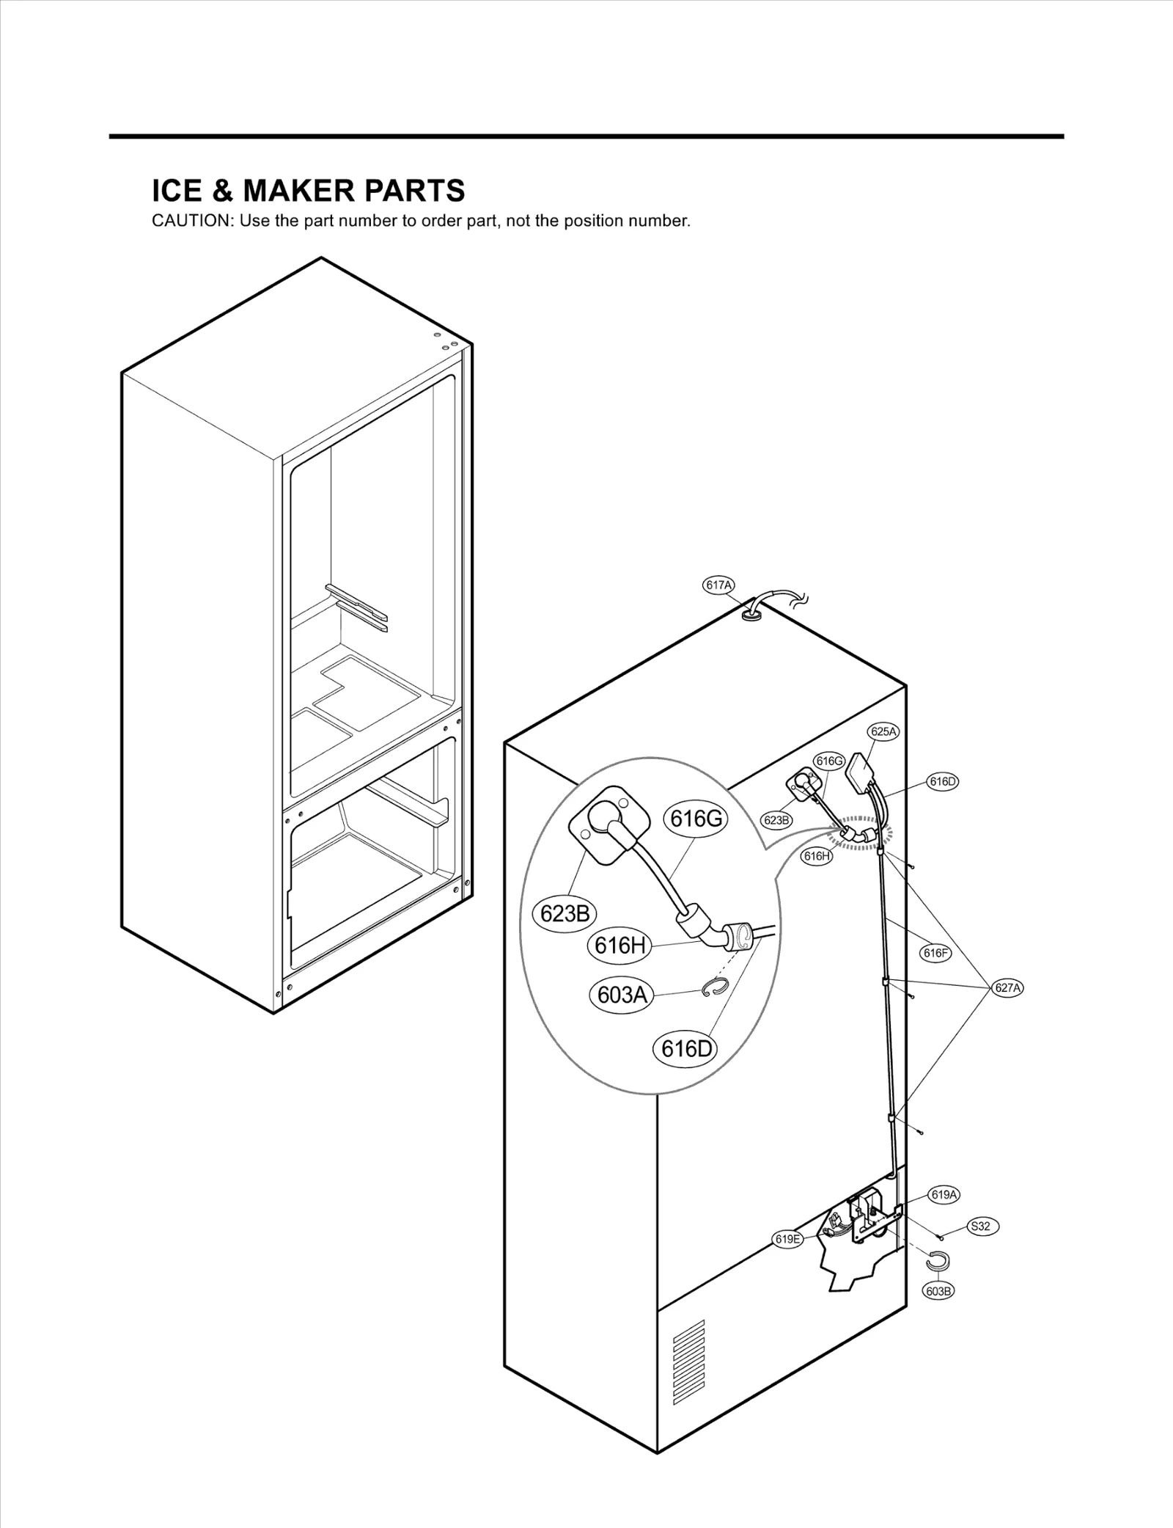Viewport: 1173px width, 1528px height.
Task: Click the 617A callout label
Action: tap(718, 585)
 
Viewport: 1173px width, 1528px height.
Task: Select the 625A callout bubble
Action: tap(883, 731)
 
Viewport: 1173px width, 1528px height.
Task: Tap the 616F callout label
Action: tap(935, 954)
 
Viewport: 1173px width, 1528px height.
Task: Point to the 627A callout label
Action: tap(1008, 988)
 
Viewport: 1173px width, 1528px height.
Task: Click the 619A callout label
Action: tap(944, 1195)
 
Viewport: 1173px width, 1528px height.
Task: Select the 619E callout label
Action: tap(788, 1239)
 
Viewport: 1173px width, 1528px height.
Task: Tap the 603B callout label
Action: tap(939, 1291)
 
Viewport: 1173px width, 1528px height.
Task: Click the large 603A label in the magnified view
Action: tap(622, 995)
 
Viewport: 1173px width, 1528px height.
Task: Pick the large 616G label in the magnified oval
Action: tap(696, 819)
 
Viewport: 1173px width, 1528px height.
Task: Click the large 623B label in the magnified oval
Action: tap(564, 914)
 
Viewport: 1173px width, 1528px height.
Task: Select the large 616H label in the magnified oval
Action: tap(619, 946)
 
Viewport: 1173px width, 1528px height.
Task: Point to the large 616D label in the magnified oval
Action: tap(685, 1049)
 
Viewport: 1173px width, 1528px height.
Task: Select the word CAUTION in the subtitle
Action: tap(191, 222)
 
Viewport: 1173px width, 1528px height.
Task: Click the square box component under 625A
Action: tap(861, 772)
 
